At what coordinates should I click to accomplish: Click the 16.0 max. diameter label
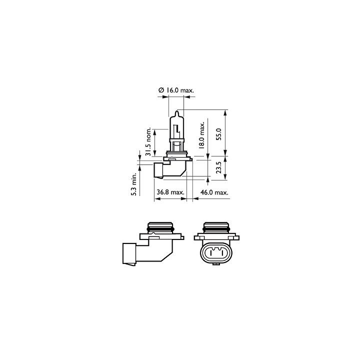pos(176,90)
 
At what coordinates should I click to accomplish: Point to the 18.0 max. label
pos(201,135)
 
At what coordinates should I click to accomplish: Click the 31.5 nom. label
pos(148,141)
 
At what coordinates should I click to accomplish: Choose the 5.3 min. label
pos(134,184)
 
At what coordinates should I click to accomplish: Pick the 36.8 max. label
pos(170,192)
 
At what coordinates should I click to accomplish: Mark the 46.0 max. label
pos(214,192)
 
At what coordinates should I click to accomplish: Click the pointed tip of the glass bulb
pos(176,111)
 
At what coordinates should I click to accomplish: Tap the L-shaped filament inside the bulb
pos(176,129)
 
